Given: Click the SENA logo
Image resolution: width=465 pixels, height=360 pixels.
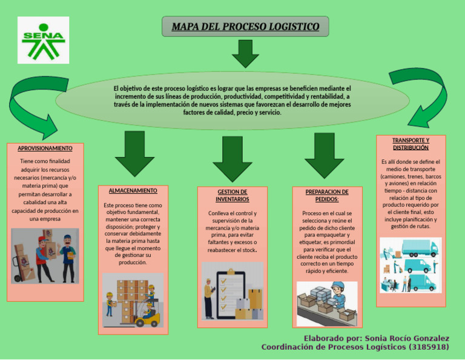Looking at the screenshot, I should pos(43,40).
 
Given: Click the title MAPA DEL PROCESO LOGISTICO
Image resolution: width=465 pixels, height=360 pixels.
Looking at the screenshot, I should pos(245,27).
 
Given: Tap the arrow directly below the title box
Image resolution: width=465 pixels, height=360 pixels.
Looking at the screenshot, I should pos(245,54).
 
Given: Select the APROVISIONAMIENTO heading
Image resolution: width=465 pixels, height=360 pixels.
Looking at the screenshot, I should pos(45,148).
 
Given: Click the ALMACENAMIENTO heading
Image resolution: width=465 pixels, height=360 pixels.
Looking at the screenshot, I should pos(133,191).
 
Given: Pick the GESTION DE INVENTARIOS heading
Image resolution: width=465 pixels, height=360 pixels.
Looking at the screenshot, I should pos(232,195).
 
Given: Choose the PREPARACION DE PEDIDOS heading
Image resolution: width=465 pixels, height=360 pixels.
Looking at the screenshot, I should pos(327,195).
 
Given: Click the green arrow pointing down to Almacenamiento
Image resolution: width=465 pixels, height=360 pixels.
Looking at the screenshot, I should pos(134,155).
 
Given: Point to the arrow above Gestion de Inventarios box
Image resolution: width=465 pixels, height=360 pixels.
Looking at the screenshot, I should pos(232,159).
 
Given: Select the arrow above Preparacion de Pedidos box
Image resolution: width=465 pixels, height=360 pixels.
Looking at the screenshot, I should pos(324,156).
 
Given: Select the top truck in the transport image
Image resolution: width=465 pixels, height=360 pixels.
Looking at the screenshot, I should pos(424,247).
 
